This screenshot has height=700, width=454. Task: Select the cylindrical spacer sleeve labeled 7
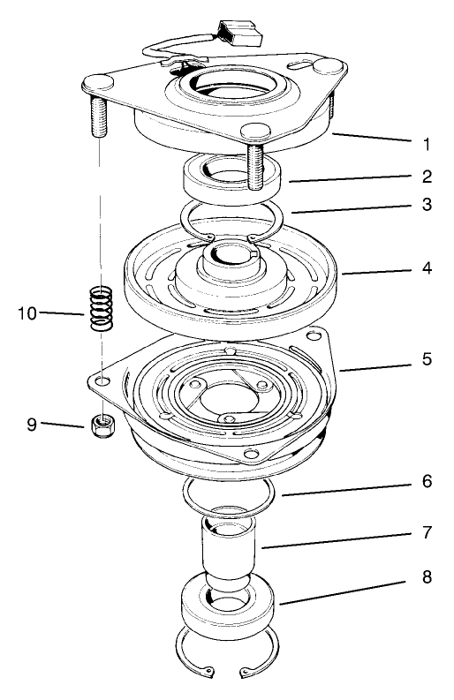point(230,556)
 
